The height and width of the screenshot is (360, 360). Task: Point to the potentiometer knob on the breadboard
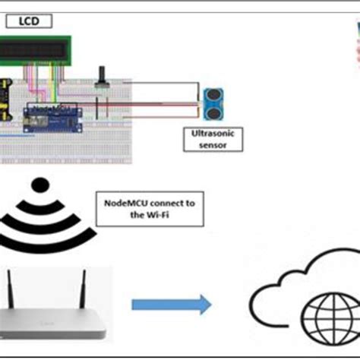[x=103, y=75]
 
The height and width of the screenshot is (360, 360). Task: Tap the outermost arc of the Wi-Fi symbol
[x=34, y=190]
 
